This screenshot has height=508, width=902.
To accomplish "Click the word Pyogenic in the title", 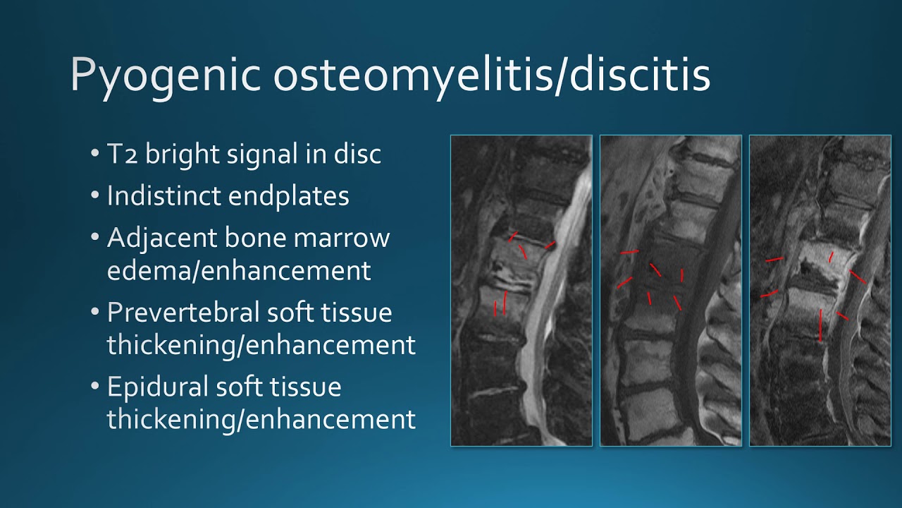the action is click(166, 77).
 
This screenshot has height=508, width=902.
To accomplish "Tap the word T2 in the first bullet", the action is click(122, 154).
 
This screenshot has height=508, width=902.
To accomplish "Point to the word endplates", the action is click(289, 196).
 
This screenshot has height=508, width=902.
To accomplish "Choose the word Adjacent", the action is click(162, 238).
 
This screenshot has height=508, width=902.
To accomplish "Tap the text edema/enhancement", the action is click(239, 270).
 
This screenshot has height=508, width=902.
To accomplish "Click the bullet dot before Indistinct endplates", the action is click(95, 195).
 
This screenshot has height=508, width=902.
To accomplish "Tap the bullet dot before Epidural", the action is click(95, 386).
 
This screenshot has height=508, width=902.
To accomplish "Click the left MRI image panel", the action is click(521, 290).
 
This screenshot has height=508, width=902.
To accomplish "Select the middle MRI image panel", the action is click(671, 290).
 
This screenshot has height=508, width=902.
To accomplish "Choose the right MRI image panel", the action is click(820, 290).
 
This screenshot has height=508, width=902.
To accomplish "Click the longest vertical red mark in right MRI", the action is click(821, 325).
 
